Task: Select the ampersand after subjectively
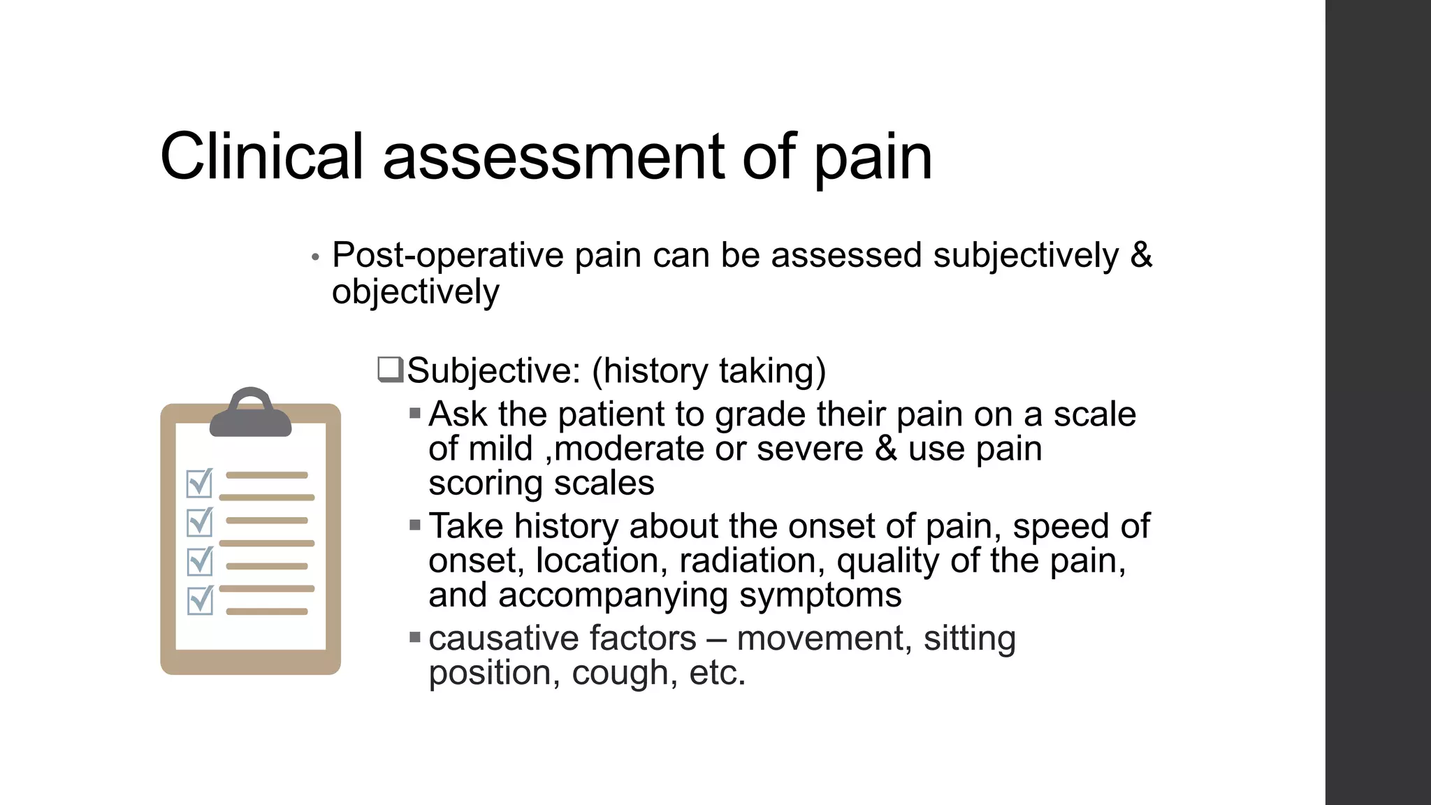[1140, 254]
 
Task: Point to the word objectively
[416, 292]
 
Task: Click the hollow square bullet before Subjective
[390, 368]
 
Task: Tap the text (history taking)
[709, 370]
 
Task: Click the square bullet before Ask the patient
[415, 413]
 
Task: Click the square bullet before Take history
[415, 525]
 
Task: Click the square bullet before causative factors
[415, 637]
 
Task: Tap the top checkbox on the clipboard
[200, 483]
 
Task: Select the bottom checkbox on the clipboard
[200, 600]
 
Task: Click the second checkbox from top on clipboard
[200, 522]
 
